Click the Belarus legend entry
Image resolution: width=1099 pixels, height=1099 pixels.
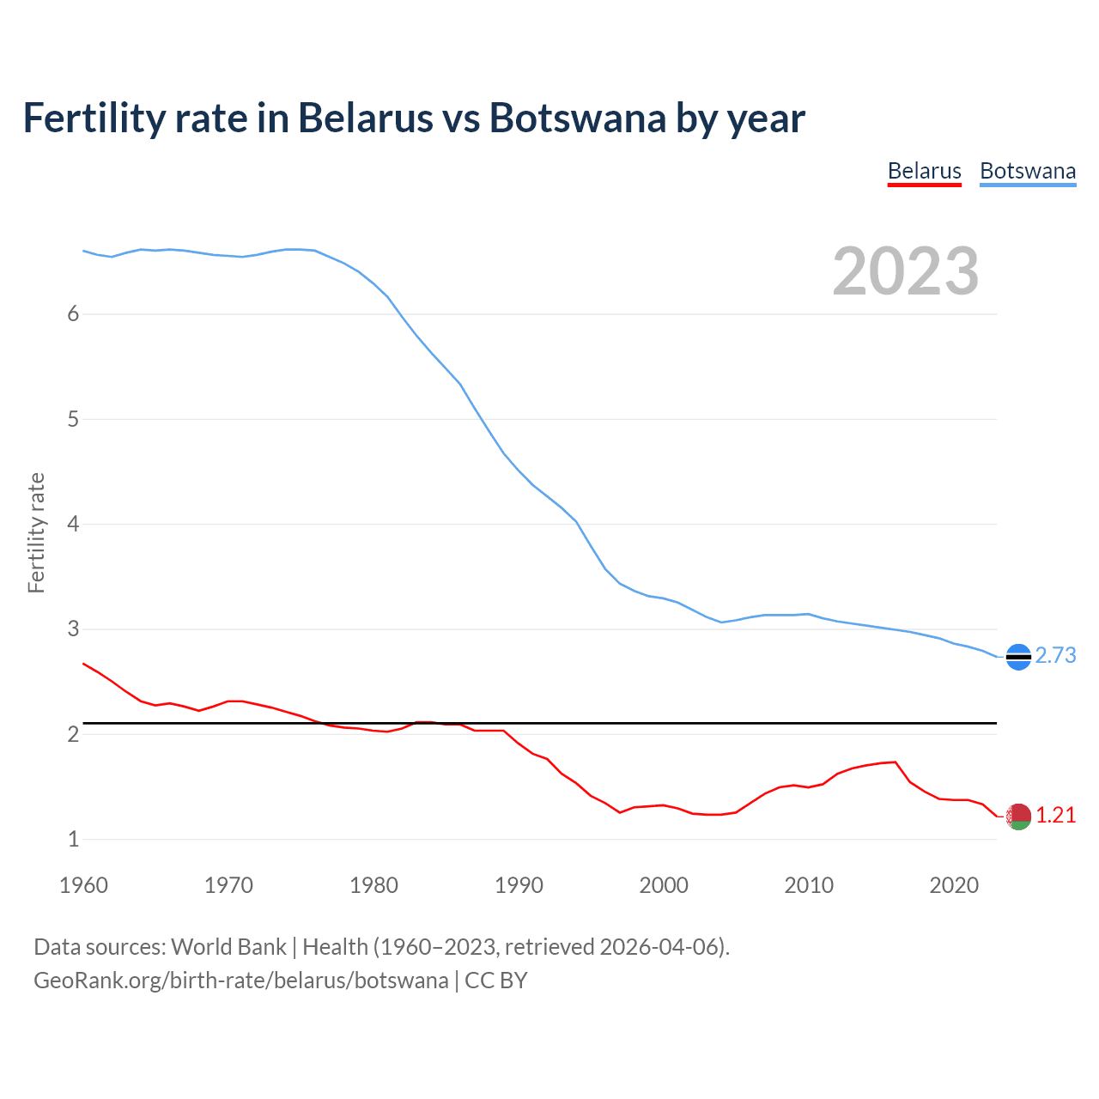(924, 171)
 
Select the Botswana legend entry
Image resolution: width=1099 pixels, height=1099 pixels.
(1028, 171)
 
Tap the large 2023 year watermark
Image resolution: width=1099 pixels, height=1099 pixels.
(906, 271)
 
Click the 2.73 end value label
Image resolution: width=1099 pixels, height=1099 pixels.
(1055, 656)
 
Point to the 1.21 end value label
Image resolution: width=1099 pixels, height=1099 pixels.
(1055, 816)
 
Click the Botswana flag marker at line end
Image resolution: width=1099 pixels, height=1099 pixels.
(1018, 657)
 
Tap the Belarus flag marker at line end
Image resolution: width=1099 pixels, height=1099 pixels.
(1018, 817)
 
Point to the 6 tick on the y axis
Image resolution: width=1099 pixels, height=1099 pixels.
(73, 314)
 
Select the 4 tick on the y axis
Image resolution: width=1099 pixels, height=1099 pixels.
(73, 525)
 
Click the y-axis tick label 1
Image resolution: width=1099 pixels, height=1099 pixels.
(73, 840)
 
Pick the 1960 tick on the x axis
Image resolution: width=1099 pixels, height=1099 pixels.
(83, 885)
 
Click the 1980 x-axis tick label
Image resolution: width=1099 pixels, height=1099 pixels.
(373, 885)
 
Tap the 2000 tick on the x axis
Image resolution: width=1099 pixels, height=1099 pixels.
(664, 885)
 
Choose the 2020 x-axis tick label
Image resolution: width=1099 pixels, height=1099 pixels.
(954, 885)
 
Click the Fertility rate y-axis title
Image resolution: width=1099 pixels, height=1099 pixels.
(36, 532)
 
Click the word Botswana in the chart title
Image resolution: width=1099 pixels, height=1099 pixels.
(577, 118)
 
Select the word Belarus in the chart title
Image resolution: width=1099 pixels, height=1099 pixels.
(365, 118)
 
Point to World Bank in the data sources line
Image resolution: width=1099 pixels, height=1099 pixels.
(228, 947)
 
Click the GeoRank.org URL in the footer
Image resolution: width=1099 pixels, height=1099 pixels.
(240, 981)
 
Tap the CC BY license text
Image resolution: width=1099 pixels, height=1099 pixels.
(496, 981)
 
